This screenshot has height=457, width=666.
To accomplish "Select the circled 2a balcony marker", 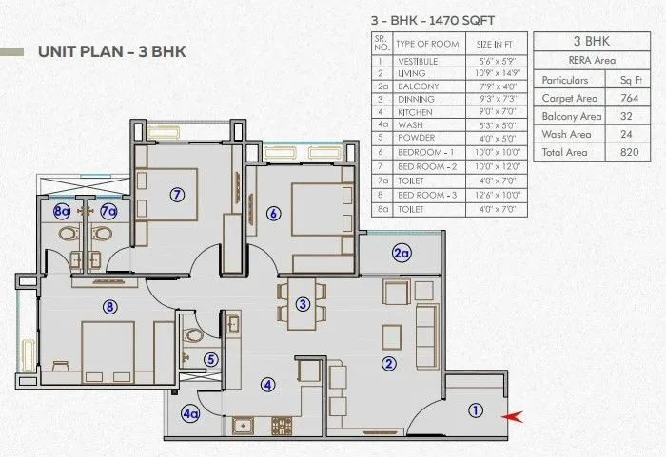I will pos(402,252).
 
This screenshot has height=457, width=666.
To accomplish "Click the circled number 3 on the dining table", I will pos(303,304).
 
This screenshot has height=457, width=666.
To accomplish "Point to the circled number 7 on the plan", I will pos(176,195).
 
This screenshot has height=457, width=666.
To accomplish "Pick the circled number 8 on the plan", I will pos(110,307).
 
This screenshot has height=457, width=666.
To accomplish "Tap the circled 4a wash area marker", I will pos(191,413).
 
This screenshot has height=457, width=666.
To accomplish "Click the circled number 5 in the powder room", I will pos(210,359).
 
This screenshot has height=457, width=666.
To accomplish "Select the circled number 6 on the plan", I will pos(273,214).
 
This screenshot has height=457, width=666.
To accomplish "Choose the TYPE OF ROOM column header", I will pos(427,44).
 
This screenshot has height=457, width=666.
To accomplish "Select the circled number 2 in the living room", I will pos(388,362).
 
